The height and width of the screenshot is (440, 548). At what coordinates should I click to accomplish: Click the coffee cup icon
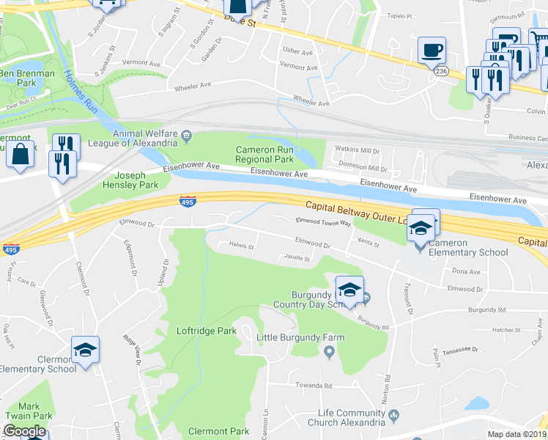[x=432, y=51]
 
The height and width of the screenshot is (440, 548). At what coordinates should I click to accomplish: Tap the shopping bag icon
[x=21, y=155]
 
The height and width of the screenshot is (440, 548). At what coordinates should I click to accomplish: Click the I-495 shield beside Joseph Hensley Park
[x=187, y=200]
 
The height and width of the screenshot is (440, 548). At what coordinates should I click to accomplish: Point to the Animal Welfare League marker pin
[x=187, y=135]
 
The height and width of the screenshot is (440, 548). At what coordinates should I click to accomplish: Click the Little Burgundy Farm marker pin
[x=329, y=353]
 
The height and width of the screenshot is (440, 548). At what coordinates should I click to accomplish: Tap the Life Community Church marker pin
[x=393, y=416]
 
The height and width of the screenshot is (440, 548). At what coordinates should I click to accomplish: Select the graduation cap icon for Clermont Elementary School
[x=85, y=351]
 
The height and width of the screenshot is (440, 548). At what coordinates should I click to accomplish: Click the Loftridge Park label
[x=207, y=331]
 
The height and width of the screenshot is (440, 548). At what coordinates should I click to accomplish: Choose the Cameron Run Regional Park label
[x=264, y=154]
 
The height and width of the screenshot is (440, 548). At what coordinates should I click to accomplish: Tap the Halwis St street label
[x=241, y=246]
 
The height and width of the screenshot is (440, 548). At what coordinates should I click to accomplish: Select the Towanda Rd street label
[x=314, y=385]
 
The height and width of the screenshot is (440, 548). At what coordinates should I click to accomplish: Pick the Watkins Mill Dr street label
[x=357, y=150]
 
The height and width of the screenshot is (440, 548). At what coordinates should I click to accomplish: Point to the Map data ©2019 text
[x=517, y=434]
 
